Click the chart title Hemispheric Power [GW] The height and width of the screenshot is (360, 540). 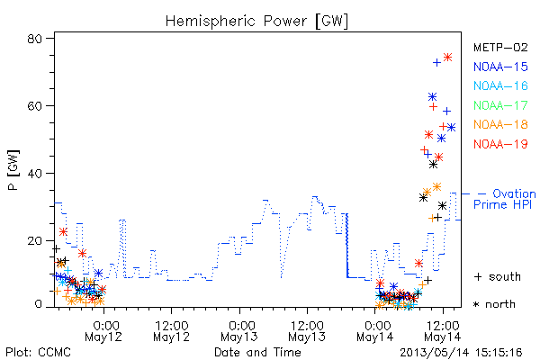point(256,21)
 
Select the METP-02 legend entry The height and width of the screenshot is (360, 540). point(500,47)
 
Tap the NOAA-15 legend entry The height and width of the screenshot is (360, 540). point(500,67)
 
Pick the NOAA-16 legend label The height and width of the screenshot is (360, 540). point(500,85)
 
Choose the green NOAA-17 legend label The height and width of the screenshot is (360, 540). point(500,105)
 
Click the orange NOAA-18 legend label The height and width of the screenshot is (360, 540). point(500,124)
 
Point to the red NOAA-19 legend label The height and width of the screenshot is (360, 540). point(500,144)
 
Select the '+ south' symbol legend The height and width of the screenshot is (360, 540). point(497,276)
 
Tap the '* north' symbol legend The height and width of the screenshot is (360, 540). point(494,304)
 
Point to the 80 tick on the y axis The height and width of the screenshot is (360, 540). point(35,39)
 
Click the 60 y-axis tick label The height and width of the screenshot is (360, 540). point(35,106)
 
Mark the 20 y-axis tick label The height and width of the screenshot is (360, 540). point(35,240)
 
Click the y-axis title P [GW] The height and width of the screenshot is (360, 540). point(13,170)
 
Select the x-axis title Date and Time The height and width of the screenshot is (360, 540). point(257,352)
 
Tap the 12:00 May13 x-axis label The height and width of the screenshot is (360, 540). point(307,331)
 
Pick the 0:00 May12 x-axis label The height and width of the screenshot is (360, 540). point(103,331)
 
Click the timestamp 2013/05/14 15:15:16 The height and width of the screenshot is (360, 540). point(461,353)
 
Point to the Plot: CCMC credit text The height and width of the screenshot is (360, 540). point(38,352)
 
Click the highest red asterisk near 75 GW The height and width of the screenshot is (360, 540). point(447,58)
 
